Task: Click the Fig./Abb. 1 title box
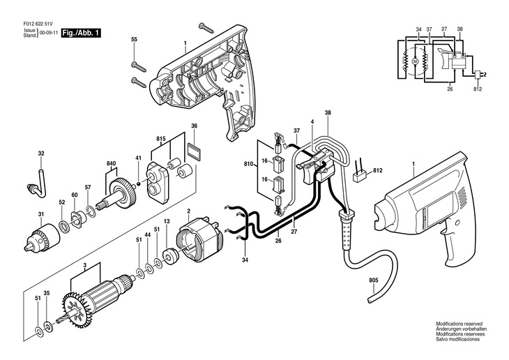(x=81, y=33)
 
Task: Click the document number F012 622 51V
(x=38, y=24)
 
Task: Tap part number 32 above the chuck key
(x=41, y=153)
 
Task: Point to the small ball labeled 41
(x=138, y=184)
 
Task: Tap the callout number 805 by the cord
(x=374, y=280)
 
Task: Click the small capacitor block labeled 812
(x=360, y=177)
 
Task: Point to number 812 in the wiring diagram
(x=478, y=89)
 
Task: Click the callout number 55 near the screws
(x=134, y=40)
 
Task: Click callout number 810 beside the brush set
(x=248, y=164)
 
